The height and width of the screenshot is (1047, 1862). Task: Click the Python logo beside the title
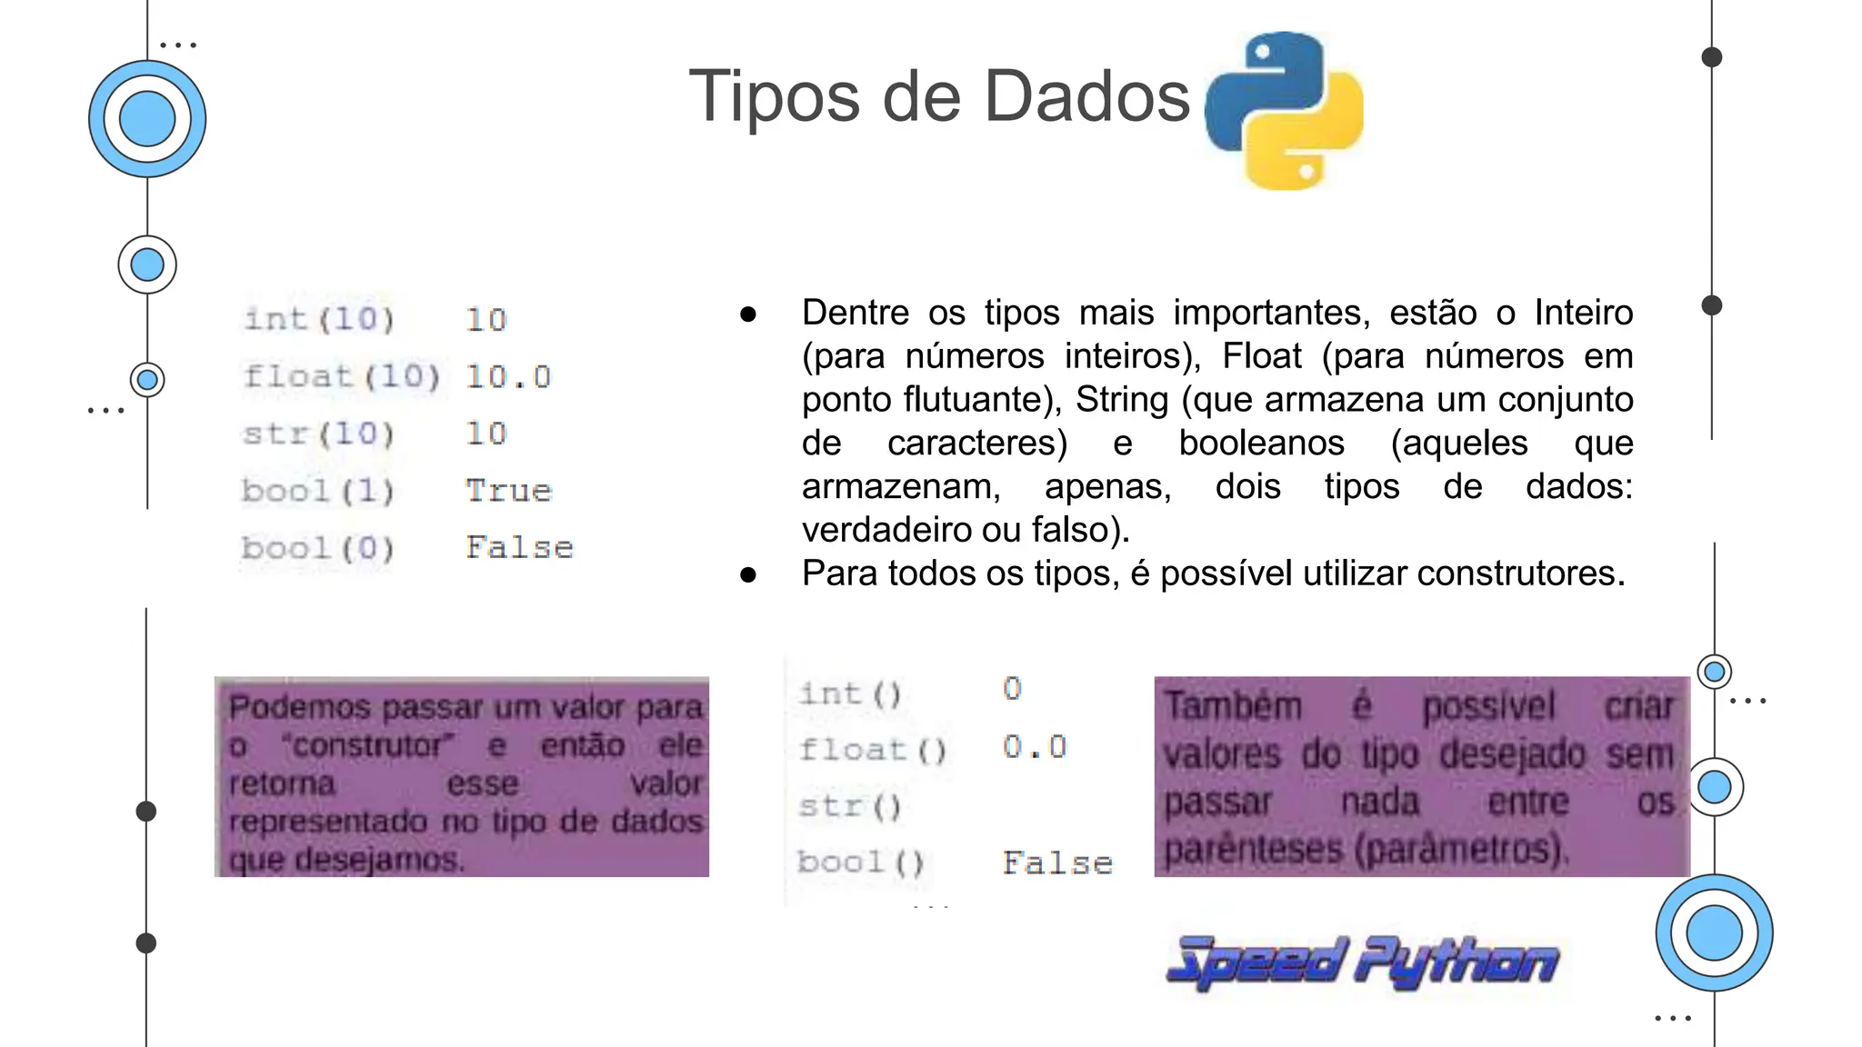pos(1283,110)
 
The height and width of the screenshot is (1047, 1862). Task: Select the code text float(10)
pos(341,376)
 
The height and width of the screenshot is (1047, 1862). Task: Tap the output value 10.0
pos(508,377)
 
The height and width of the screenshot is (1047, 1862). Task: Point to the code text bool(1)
pos(318,491)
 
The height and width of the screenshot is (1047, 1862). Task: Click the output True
pos(508,491)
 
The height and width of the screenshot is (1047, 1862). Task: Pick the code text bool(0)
pos(318,548)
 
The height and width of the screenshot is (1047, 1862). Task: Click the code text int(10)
pos(319,319)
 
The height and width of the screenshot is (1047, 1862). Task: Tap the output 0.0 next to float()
pos(1035,747)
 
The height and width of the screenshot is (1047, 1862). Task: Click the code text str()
pos(850,806)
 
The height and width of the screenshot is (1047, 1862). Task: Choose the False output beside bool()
pos(1057,863)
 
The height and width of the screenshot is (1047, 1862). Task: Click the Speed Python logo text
pos(1362,962)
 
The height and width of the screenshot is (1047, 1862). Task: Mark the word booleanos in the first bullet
pos(1261,444)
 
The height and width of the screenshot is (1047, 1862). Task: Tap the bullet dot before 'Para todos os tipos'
pos(748,574)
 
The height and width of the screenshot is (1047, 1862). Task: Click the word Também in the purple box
pos(1233,706)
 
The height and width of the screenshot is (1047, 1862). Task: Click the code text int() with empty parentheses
pos(850,694)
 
